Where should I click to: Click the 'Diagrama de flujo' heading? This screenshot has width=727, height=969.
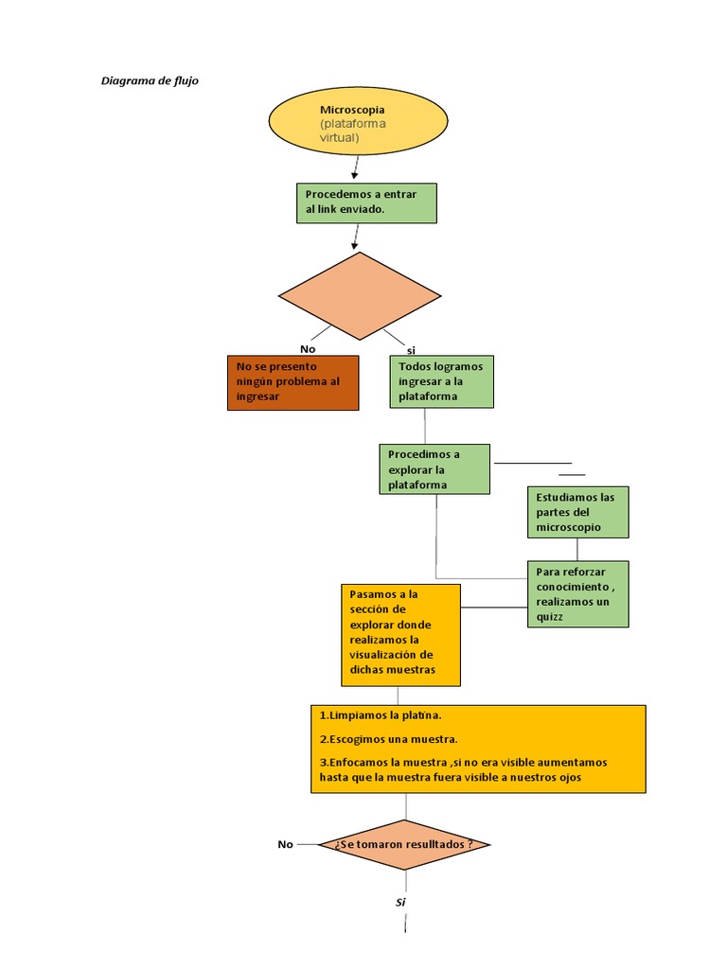(150, 80)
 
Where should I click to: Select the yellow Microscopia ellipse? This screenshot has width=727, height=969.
(358, 120)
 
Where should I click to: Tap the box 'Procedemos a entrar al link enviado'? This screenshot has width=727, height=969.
(366, 203)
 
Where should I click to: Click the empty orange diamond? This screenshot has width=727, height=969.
(360, 295)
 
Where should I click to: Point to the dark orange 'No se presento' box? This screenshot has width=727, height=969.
(293, 382)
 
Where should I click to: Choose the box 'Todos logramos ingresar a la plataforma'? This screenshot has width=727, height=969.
(441, 381)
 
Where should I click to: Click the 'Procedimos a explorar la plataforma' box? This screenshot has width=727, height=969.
(434, 469)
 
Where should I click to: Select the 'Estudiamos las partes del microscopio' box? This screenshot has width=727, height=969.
(578, 512)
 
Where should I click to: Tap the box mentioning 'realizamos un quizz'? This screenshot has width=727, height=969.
(578, 594)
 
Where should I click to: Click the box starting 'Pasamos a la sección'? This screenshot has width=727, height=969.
(400, 635)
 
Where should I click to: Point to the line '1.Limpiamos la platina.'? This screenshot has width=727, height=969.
(381, 715)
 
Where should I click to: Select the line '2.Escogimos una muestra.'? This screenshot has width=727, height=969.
(388, 739)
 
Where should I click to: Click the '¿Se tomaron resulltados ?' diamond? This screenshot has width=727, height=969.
(404, 845)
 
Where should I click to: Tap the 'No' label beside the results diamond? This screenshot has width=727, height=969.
(285, 844)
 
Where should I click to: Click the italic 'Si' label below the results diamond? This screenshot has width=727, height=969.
(400, 902)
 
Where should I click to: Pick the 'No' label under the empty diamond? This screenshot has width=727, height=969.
(308, 349)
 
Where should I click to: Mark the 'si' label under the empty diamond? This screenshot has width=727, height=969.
(411, 350)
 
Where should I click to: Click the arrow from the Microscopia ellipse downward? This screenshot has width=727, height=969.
(356, 167)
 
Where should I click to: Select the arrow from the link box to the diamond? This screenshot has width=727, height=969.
(356, 237)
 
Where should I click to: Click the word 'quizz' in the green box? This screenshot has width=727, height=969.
(549, 617)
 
